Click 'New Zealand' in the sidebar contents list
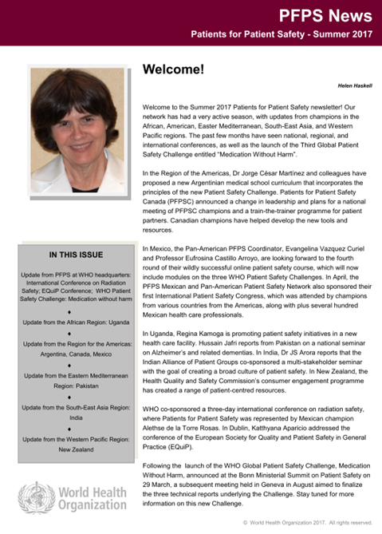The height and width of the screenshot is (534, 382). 73,449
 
